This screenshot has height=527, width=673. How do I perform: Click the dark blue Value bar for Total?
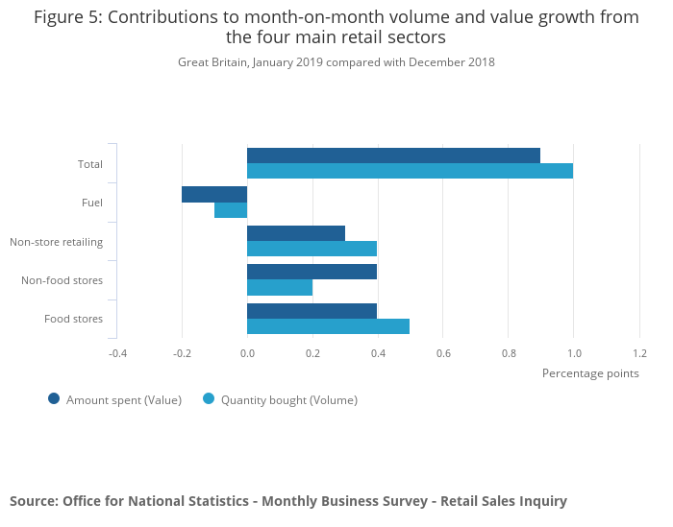point(393,156)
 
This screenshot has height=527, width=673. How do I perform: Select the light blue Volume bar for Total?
point(410,171)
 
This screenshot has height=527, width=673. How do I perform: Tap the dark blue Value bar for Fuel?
point(214,194)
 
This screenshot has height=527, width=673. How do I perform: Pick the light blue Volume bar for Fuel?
point(231,210)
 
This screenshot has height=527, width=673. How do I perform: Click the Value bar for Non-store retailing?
point(296,233)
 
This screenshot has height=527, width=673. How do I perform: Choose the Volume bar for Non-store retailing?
point(312,249)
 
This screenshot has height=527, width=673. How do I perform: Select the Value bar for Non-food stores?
point(312,272)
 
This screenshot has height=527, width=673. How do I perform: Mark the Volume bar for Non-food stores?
point(280,288)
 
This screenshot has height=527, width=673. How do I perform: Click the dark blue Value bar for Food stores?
point(312,311)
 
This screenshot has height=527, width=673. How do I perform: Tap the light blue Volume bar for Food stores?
point(328,326)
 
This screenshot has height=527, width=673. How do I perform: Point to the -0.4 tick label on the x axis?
point(116,353)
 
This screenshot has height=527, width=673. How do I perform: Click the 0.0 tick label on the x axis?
point(247,353)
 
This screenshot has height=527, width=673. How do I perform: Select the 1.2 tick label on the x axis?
point(639,353)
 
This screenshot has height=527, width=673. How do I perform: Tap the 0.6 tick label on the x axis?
point(443,353)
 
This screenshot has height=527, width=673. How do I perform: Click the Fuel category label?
point(92,203)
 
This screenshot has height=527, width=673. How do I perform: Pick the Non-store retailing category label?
point(56,242)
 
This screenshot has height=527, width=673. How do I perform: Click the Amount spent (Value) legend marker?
point(54,399)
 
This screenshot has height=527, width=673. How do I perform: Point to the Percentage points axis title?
point(590,373)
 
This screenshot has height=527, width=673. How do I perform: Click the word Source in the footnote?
point(33,501)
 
